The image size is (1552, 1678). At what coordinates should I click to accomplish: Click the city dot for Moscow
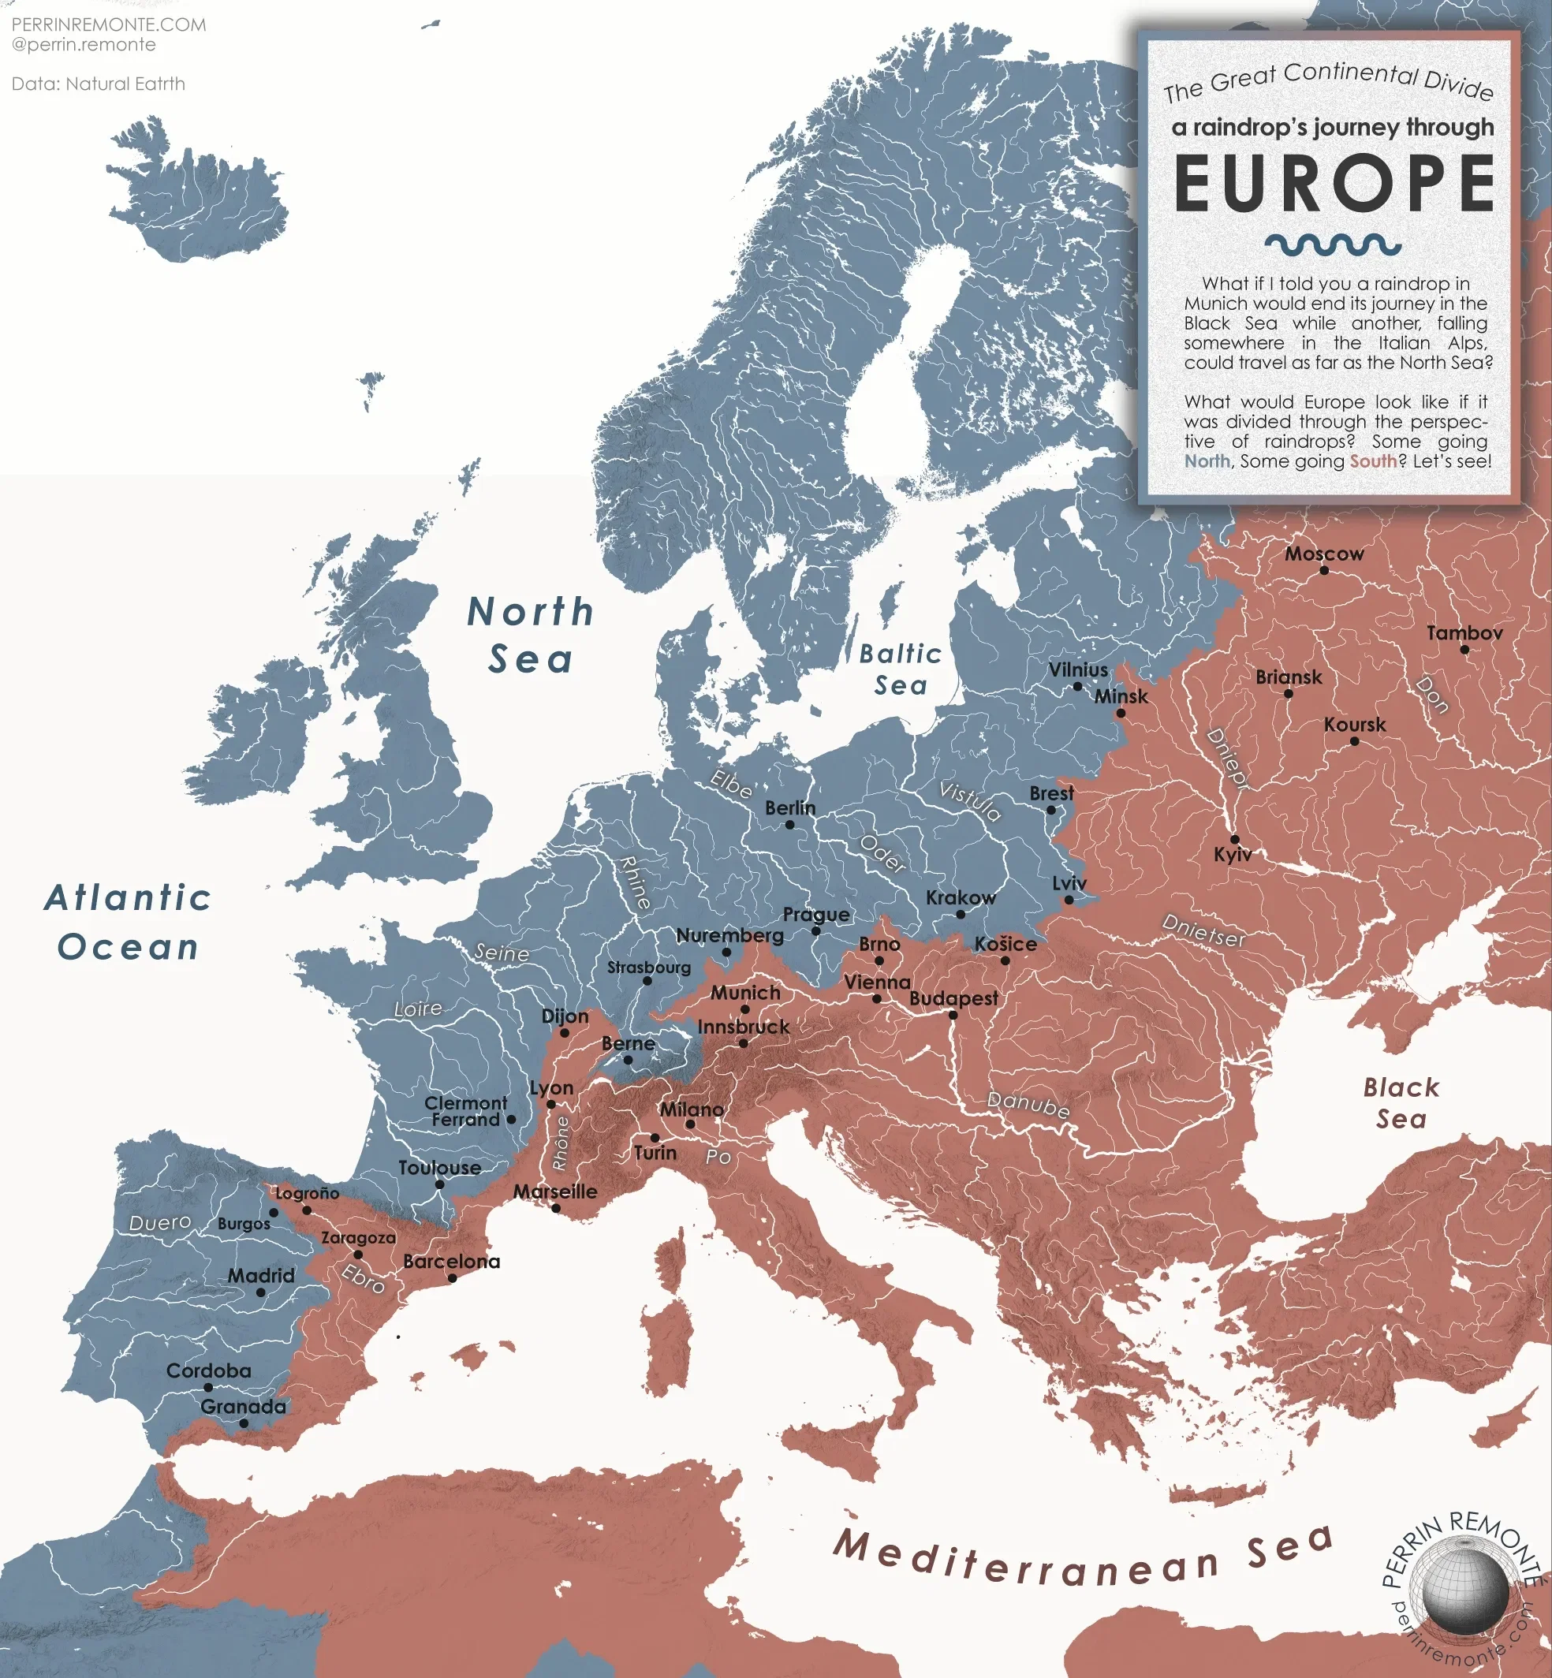click(x=1324, y=570)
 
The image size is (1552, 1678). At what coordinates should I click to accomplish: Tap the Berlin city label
click(x=789, y=807)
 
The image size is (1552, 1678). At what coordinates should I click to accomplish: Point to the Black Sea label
click(x=1401, y=1102)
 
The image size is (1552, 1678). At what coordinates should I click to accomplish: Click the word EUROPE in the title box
click(x=1334, y=185)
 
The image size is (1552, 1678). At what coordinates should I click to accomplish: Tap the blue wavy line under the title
click(x=1333, y=244)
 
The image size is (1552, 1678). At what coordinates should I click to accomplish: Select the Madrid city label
click(x=261, y=1275)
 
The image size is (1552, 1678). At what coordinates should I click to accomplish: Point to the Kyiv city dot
click(x=1234, y=839)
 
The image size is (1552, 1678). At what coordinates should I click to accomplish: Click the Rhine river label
click(x=635, y=882)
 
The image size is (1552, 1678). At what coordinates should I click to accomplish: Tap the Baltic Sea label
click(x=901, y=669)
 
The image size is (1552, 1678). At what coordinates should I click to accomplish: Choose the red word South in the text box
click(x=1373, y=461)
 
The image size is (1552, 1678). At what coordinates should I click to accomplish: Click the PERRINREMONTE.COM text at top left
click(x=108, y=24)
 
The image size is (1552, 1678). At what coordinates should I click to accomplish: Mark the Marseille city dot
click(x=555, y=1208)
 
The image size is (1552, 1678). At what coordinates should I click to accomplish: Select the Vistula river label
click(x=969, y=800)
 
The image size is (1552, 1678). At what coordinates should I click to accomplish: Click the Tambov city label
click(x=1464, y=632)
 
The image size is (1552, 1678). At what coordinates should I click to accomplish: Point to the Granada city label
click(x=243, y=1406)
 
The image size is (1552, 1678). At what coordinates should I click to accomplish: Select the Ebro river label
click(x=363, y=1278)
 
